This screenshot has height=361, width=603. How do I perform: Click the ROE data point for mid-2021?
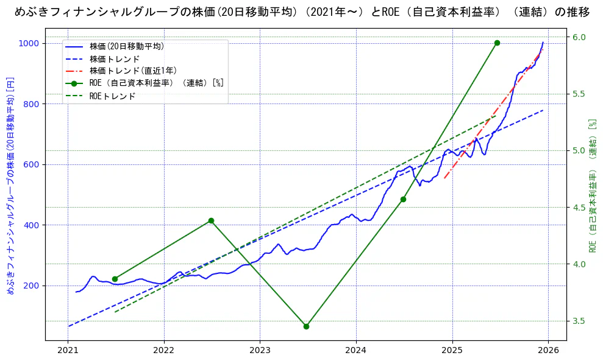point(115,279)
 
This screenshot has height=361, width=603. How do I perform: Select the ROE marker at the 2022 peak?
point(211,220)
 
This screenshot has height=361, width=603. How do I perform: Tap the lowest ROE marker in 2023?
point(306,326)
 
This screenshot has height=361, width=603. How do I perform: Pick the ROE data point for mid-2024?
point(403,199)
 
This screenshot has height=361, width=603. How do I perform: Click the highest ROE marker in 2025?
point(497,43)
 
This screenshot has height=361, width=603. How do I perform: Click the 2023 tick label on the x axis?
point(260,351)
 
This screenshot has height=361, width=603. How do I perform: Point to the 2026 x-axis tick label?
point(548,351)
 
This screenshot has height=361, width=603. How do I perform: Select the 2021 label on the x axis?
point(68,351)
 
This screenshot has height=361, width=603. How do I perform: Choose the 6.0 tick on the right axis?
point(579,37)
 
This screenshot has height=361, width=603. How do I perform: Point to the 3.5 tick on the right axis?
point(579,321)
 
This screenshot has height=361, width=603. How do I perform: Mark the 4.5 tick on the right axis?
point(579,208)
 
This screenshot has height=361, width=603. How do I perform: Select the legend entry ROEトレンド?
point(112,96)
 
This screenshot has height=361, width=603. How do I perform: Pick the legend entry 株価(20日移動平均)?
point(126,46)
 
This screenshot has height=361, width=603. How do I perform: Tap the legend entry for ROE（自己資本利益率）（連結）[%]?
point(156,83)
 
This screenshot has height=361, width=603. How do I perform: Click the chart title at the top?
point(302,12)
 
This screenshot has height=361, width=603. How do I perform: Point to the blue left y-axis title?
point(10,186)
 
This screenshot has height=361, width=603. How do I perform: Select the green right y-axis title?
point(592,186)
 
